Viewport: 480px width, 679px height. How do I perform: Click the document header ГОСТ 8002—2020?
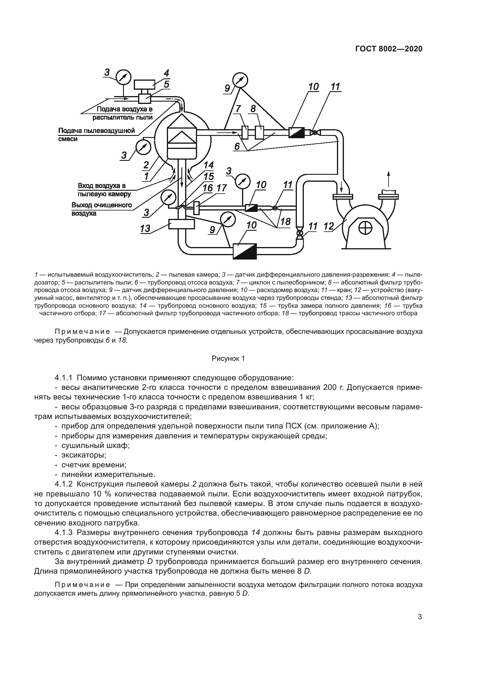click(x=389, y=49)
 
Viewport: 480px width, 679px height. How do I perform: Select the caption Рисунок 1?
click(x=228, y=359)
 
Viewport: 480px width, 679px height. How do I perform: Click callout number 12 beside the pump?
click(x=329, y=226)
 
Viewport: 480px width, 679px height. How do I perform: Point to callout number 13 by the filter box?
click(x=145, y=228)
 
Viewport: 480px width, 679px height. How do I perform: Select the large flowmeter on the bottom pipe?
click(x=245, y=251)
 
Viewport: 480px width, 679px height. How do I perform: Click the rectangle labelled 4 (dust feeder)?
click(x=145, y=84)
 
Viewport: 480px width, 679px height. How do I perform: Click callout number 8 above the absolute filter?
click(x=253, y=109)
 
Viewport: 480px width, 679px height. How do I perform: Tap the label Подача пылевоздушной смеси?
click(x=96, y=135)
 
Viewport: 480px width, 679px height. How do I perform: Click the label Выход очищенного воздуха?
click(x=101, y=209)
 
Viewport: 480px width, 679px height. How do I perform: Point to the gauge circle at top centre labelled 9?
click(x=240, y=80)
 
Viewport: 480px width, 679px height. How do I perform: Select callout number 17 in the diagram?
click(x=221, y=188)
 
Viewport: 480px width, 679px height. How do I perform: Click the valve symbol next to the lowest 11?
click(x=299, y=233)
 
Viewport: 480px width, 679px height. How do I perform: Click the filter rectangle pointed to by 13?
click(x=181, y=224)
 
